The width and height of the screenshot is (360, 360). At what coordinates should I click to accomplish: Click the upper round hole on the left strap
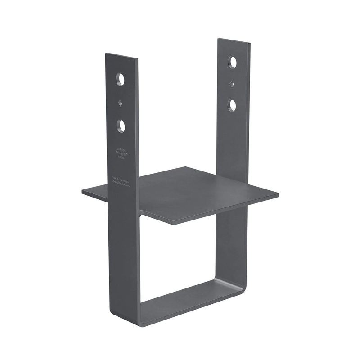[x=120, y=79]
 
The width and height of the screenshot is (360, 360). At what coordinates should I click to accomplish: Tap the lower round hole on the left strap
[x=121, y=125]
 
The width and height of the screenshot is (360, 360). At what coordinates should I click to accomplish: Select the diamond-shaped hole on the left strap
[x=120, y=103]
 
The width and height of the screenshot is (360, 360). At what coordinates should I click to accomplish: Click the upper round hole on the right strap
[x=233, y=62]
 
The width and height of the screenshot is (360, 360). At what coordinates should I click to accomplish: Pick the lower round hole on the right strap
[x=233, y=105]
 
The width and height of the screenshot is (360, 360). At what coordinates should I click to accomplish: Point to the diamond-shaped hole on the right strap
[x=232, y=84]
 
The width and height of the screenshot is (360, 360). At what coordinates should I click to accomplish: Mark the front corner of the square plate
[x=173, y=223]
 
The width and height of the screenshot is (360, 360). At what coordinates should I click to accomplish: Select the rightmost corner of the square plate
[x=278, y=195]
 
